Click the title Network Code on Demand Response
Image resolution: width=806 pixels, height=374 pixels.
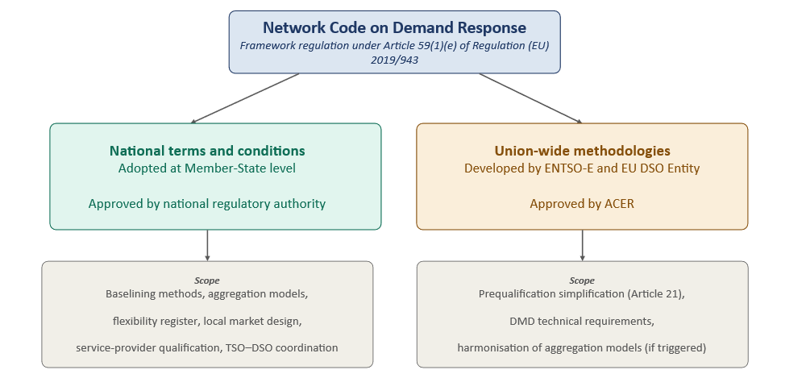(x=394, y=27)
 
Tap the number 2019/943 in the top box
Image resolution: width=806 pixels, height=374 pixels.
(x=394, y=60)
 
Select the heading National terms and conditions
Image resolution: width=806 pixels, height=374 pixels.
(x=207, y=151)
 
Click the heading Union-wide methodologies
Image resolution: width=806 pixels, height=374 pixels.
(x=583, y=151)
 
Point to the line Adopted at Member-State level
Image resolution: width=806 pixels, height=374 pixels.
(x=207, y=168)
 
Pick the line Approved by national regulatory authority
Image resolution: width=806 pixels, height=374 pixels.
(x=207, y=203)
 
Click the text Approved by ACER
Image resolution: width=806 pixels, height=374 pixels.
(x=583, y=203)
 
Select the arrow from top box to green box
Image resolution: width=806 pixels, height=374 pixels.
(x=245, y=98)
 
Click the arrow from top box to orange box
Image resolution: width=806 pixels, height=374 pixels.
(x=531, y=98)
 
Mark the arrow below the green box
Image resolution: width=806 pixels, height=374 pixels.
(x=207, y=245)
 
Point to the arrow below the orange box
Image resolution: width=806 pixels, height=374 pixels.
(x=583, y=245)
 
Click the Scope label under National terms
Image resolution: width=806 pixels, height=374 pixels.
(x=207, y=280)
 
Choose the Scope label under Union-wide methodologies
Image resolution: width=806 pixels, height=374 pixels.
(x=583, y=280)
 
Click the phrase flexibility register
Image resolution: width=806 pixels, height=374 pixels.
(x=156, y=321)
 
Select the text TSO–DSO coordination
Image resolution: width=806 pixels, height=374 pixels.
(x=281, y=347)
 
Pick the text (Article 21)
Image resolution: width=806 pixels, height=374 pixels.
(x=654, y=294)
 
